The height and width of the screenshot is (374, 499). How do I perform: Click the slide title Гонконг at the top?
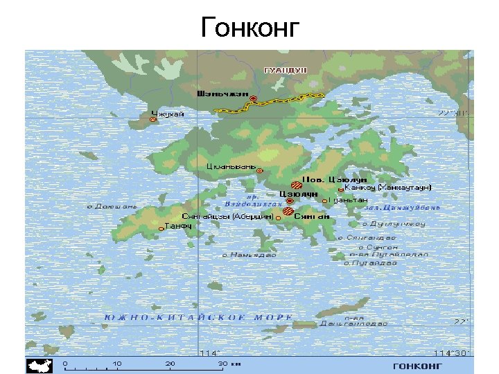pyautogui.click(x=250, y=28)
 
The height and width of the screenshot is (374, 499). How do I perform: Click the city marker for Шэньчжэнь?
pyautogui.click(x=254, y=99)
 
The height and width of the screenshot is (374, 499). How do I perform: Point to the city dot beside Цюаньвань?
pyautogui.click(x=260, y=170)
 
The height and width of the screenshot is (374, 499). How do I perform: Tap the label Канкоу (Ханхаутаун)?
pyautogui.click(x=388, y=187)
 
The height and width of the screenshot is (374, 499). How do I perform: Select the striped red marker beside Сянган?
pyautogui.click(x=288, y=212)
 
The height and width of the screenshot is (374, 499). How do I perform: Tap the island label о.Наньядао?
pyautogui.click(x=249, y=255)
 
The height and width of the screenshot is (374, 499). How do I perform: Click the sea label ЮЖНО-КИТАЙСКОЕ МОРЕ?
pyautogui.click(x=198, y=317)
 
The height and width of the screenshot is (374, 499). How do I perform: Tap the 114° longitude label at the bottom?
pyautogui.click(x=209, y=353)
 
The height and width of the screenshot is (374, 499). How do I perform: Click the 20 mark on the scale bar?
pyautogui.click(x=170, y=362)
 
